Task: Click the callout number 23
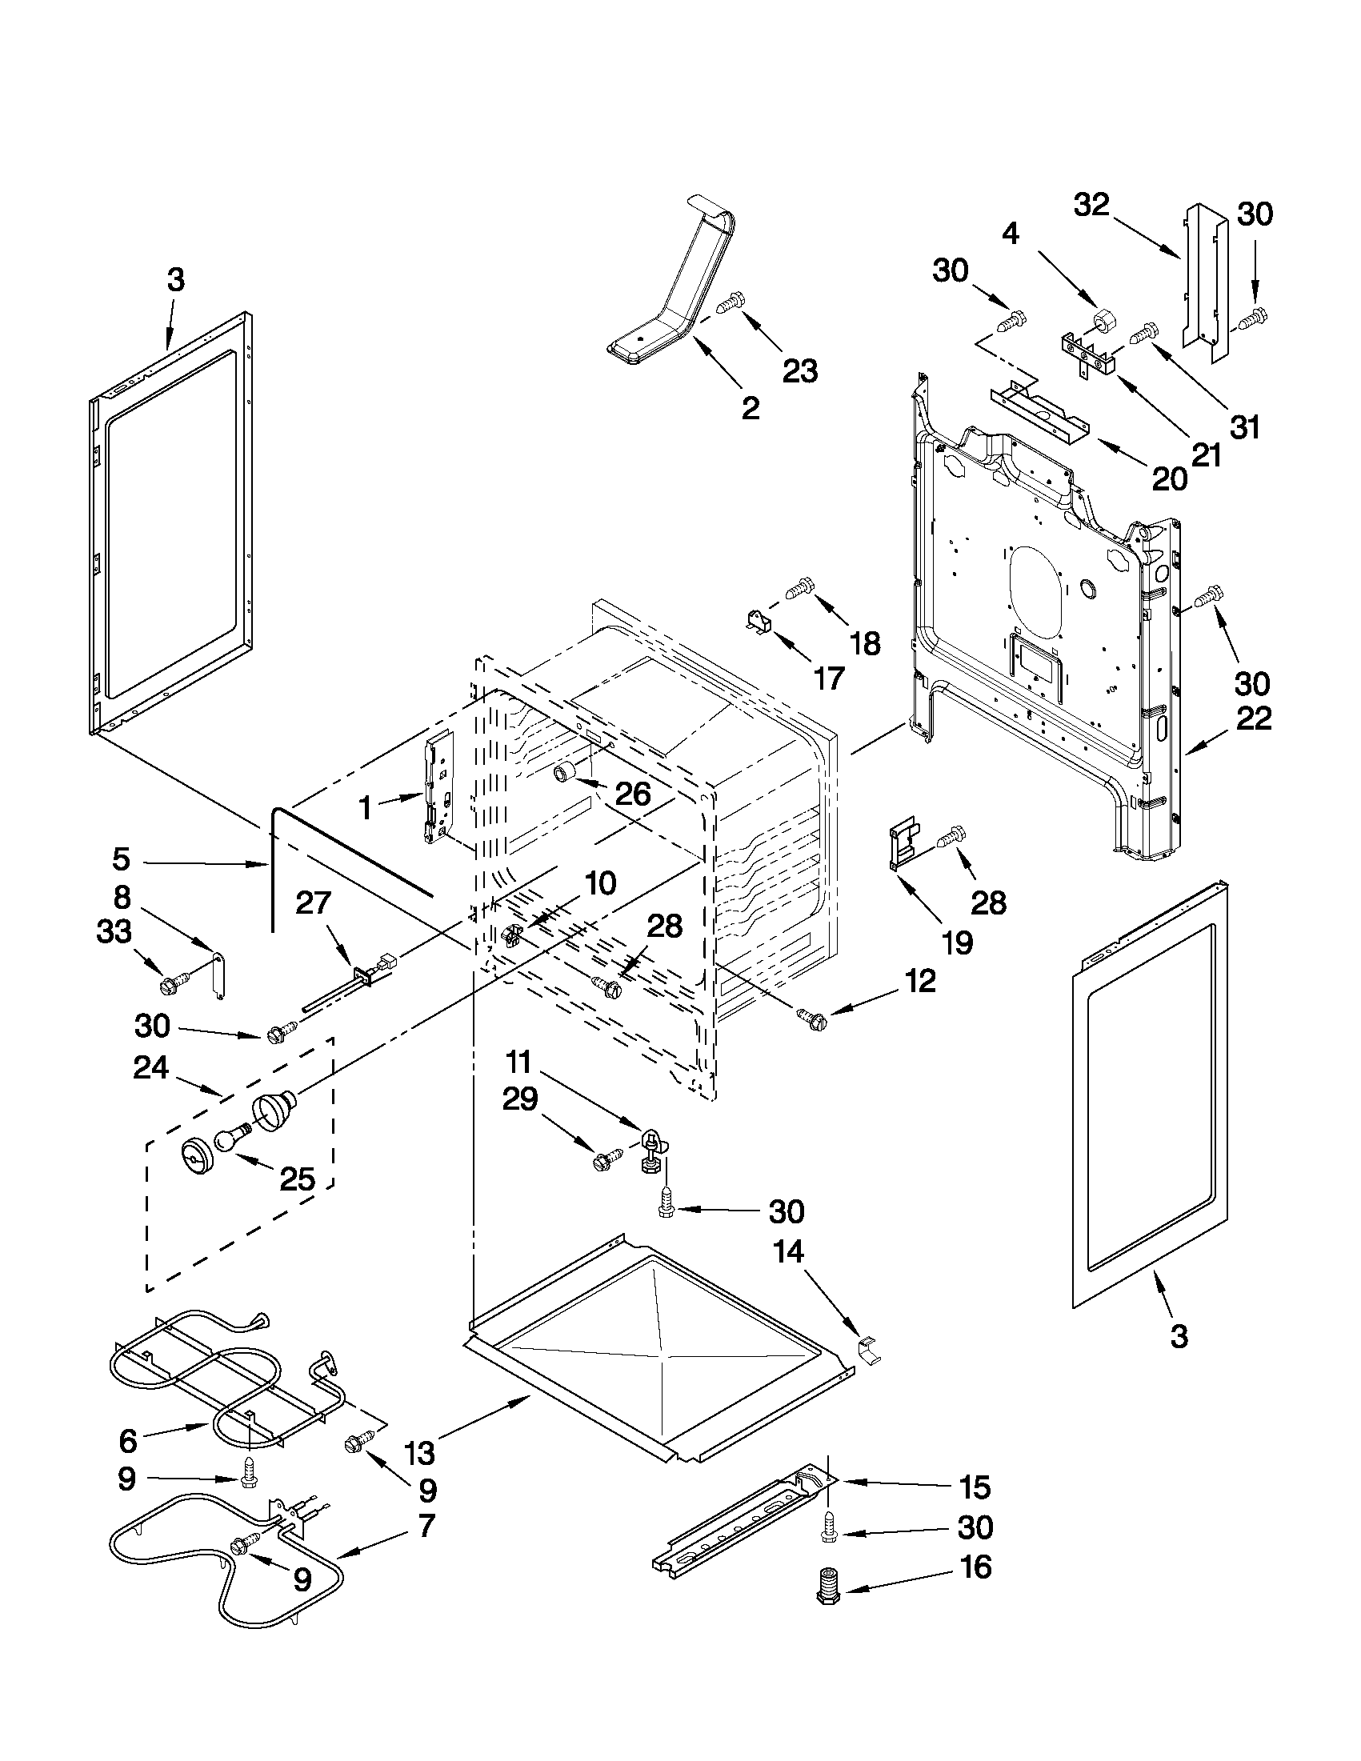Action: [x=799, y=371]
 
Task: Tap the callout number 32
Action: [x=1091, y=206]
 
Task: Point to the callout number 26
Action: [x=633, y=794]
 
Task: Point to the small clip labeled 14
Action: [x=867, y=1348]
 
